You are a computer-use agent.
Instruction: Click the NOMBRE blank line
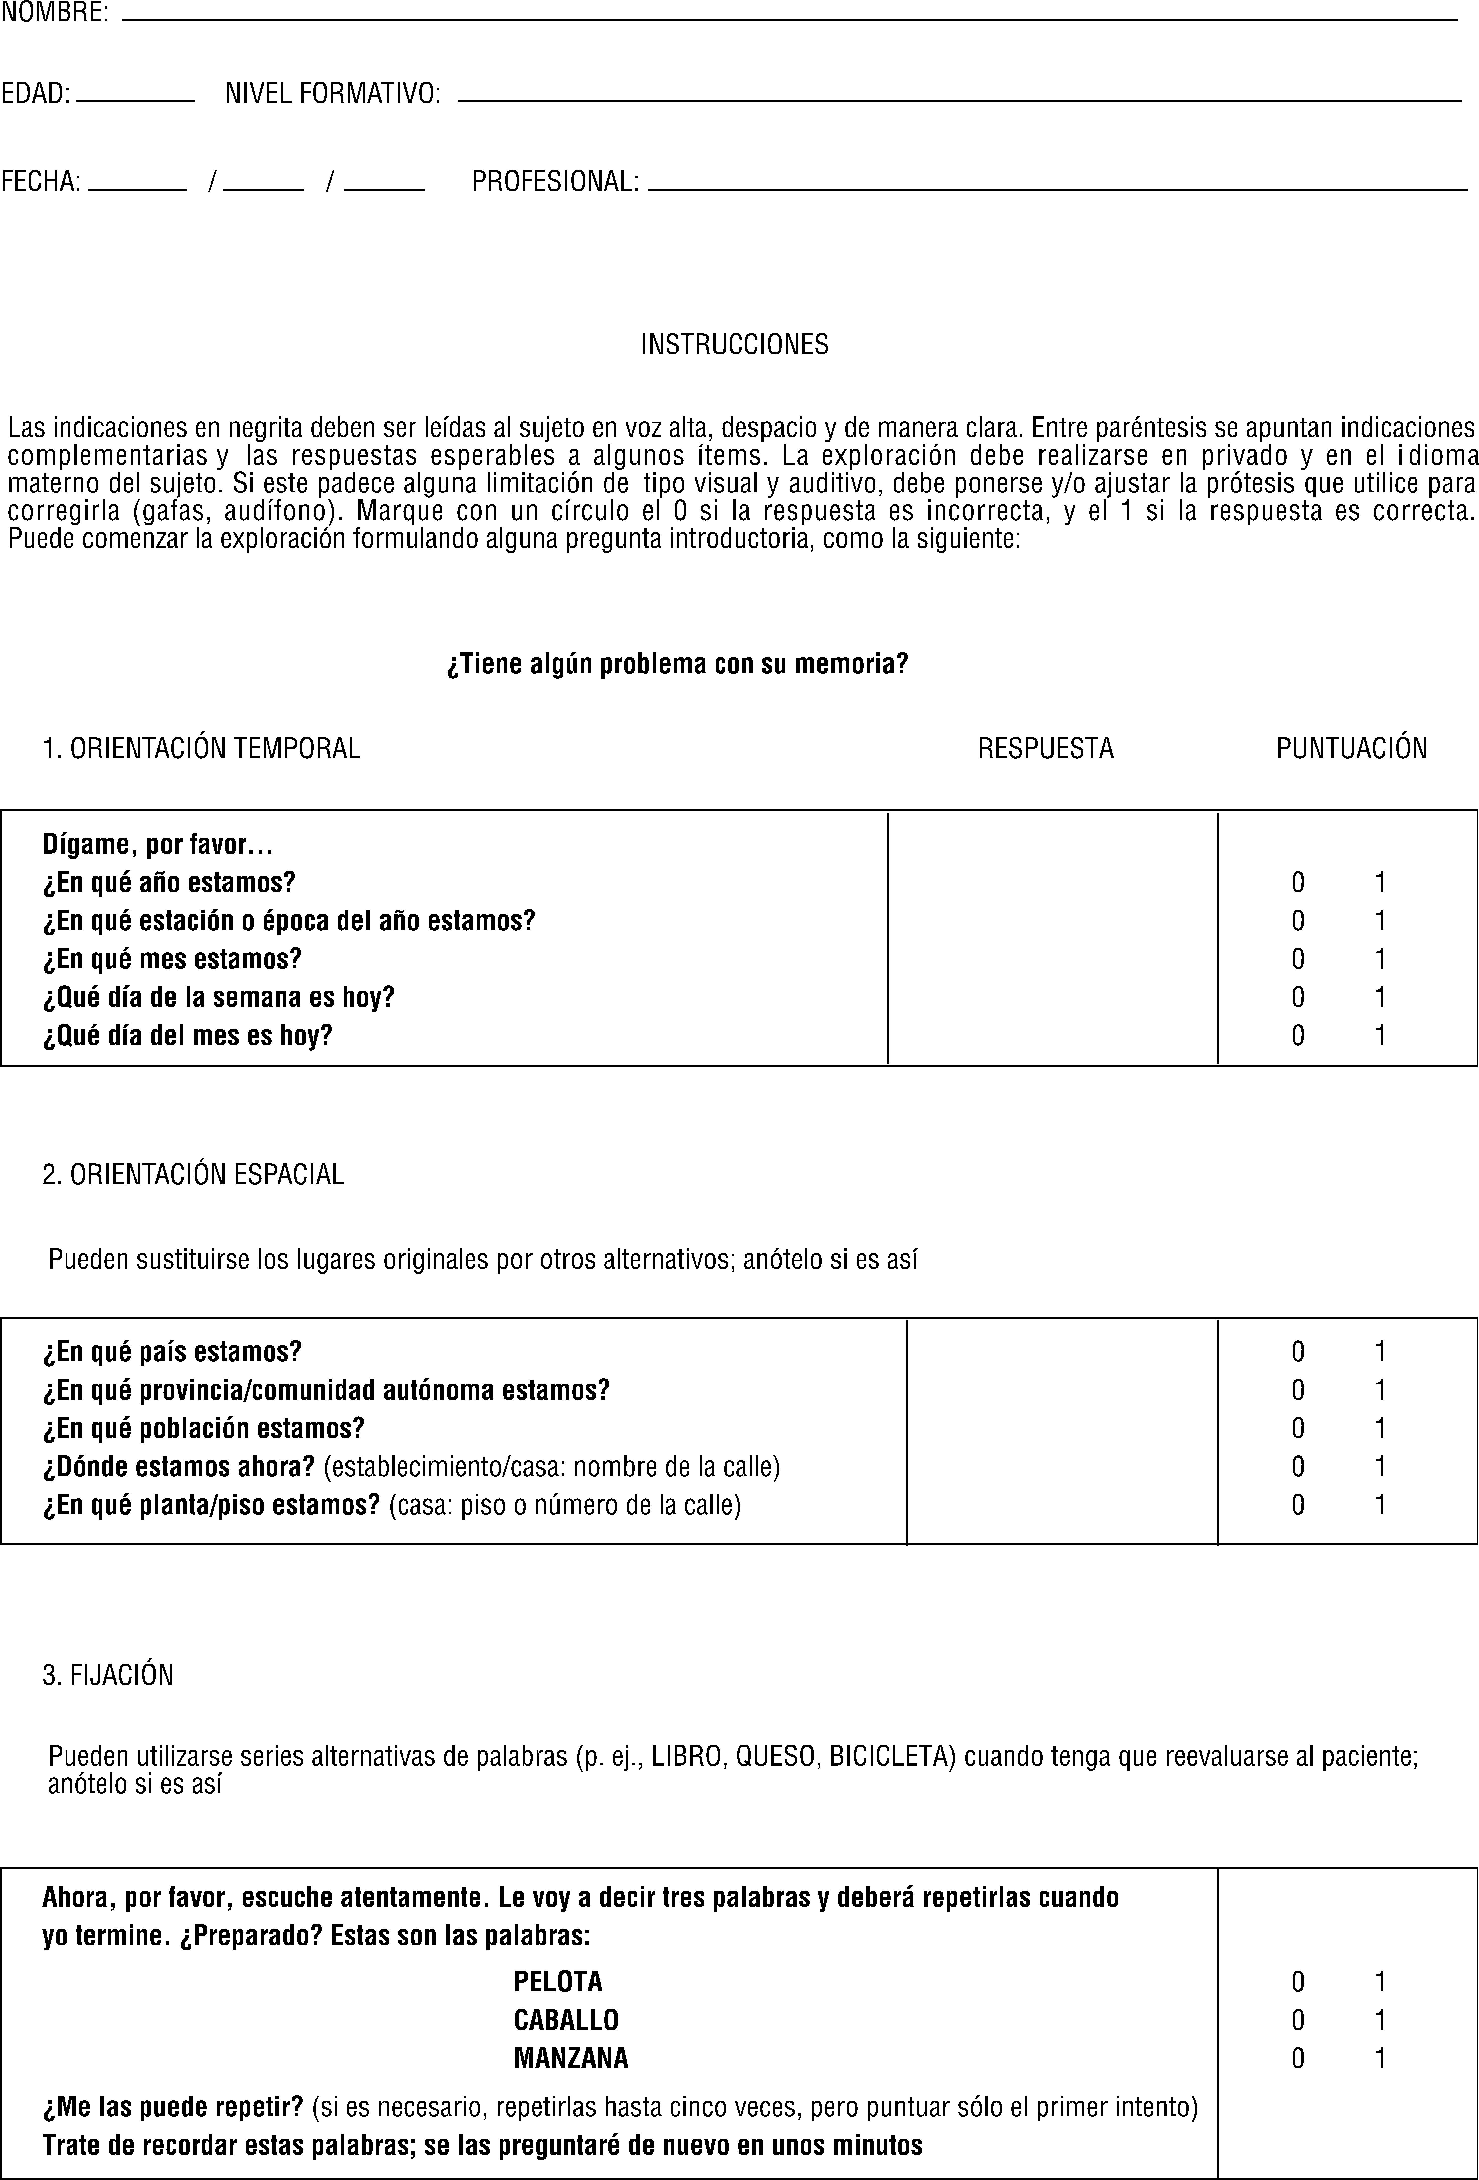[x=788, y=17]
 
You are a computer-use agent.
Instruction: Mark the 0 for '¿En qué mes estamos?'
[x=1297, y=959]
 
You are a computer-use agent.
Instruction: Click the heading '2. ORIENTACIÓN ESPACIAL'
[x=193, y=1174]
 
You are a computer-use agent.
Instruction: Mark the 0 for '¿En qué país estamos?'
[x=1297, y=1352]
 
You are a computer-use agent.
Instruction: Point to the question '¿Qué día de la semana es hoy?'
[x=218, y=997]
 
